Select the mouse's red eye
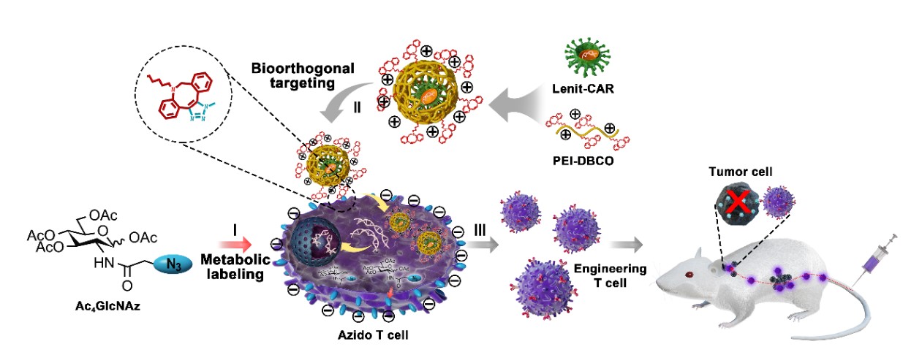(x=689, y=274)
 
